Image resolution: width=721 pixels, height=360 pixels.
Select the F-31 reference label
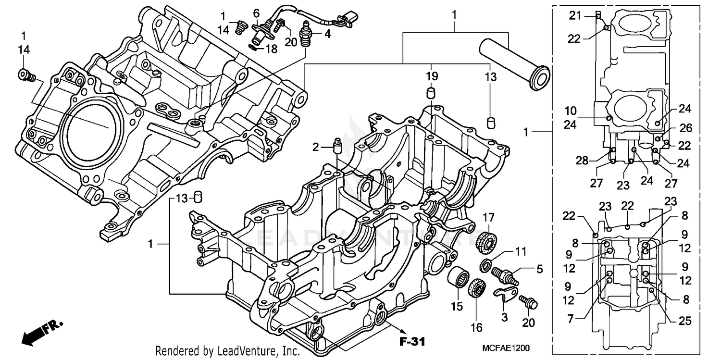pos(412,342)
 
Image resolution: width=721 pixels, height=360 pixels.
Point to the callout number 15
pos(456,306)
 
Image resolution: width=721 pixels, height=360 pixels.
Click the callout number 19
pos(432,76)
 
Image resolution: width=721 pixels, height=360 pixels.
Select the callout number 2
pos(315,147)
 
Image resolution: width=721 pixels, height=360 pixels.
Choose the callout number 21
pos(575,15)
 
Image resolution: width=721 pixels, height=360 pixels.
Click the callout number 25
pos(685,322)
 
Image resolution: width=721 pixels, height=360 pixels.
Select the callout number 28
pos(582,161)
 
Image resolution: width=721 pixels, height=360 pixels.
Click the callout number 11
pos(521,251)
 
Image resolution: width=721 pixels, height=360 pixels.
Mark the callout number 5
pos(539,270)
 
